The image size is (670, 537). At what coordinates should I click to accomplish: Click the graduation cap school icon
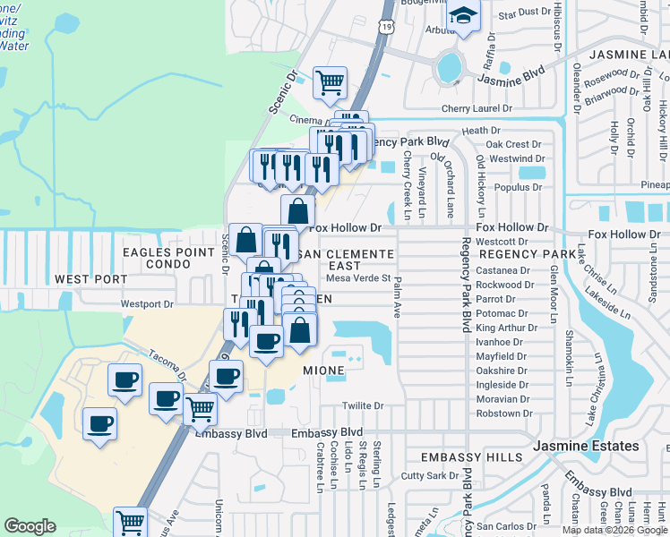pos(464,16)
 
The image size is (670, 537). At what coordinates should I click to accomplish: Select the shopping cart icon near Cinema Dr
pos(331,83)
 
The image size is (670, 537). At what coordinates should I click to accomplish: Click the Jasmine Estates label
pos(586,446)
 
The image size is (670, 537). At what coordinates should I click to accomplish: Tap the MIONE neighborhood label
pos(323,370)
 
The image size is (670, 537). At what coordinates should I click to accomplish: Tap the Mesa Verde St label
pos(358,277)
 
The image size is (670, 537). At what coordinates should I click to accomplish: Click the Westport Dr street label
pos(147,304)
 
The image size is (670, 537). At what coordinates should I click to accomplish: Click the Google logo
pos(30,526)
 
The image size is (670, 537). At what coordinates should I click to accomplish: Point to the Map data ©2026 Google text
pos(614,530)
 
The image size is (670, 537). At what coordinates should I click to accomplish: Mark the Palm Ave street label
pos(395,296)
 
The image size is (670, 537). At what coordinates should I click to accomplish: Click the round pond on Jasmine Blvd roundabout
pos(449,65)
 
